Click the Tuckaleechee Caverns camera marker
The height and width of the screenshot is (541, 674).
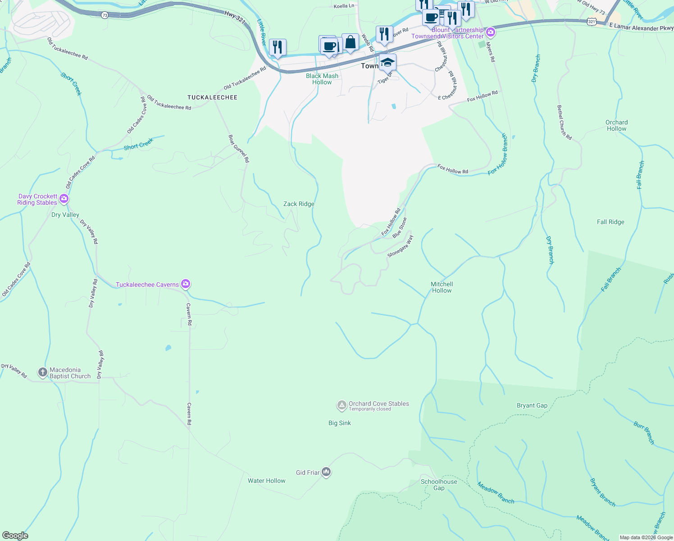coord(186,284)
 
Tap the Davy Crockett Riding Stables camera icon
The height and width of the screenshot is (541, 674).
coord(64,198)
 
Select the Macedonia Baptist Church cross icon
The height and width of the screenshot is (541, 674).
coord(43,372)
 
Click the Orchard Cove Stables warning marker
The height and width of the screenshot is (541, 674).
coord(342,406)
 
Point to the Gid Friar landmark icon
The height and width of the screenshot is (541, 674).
coord(327,472)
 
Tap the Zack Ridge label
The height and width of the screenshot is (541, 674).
coord(299,204)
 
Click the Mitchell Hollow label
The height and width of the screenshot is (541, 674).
coord(442,287)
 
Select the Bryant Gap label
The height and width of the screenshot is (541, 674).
coord(532,406)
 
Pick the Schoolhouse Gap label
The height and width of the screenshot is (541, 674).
coord(439,485)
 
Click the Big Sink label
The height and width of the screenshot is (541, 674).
coord(339,423)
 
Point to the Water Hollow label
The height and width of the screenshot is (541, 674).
coord(266,481)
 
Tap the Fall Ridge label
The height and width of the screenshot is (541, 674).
coord(610,222)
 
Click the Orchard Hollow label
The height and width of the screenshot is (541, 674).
coord(616,125)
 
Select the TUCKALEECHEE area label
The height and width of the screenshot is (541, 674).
coord(212,97)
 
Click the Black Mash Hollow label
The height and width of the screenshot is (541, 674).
coord(322,79)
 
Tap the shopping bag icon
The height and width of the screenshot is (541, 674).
coord(350,42)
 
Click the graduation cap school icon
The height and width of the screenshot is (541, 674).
coord(387,62)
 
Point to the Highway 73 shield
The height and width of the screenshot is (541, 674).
coord(105,15)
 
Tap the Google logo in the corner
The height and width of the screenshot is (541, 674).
coord(15,536)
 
